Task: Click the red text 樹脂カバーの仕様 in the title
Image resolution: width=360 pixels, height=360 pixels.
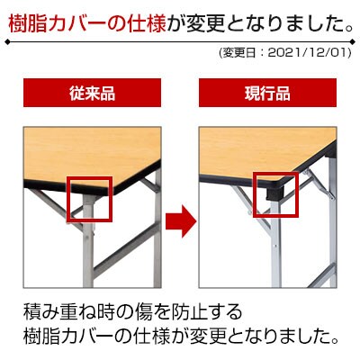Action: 87,23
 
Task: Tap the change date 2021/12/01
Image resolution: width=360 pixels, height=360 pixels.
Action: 309,53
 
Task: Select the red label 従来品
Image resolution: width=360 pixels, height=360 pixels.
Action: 92,93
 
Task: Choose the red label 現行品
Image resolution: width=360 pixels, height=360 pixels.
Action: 267,93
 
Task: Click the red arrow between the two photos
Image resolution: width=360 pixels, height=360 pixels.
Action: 181,221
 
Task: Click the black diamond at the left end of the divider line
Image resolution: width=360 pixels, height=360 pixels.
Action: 8,42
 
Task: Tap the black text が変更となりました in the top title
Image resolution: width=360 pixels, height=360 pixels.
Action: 259,23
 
